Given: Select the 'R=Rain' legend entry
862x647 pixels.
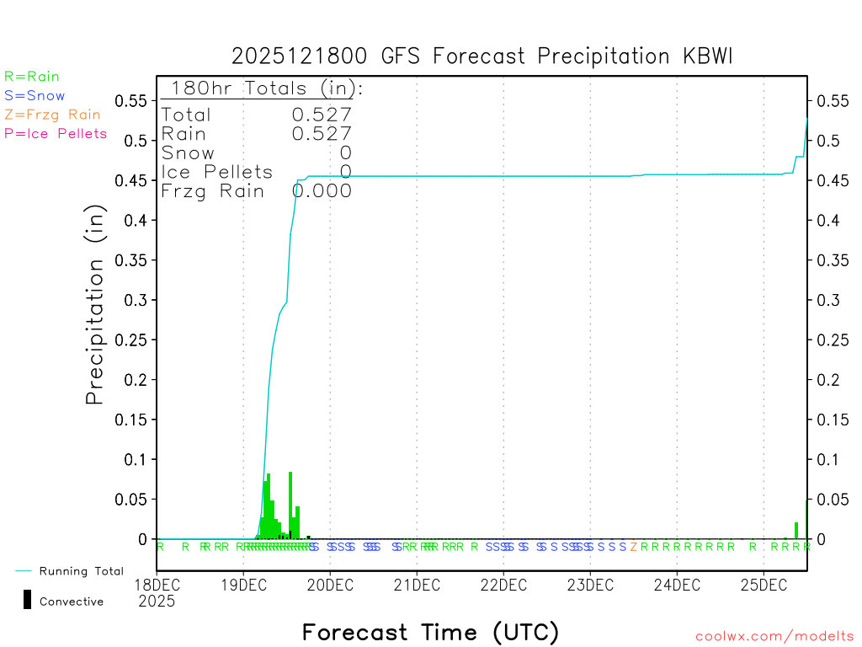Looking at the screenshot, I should coord(32,77).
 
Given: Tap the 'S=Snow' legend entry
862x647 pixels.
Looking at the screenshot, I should coord(35,96).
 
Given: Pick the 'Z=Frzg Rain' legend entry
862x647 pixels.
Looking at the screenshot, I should coord(52,115).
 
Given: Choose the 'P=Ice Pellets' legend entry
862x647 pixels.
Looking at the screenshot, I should coord(56,133).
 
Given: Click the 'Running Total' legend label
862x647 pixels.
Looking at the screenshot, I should coord(81,571).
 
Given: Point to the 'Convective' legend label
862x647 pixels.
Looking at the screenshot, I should coord(72,602).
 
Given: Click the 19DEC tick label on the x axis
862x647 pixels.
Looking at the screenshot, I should coord(243,585).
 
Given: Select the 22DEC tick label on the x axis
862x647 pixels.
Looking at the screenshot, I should coord(503,585).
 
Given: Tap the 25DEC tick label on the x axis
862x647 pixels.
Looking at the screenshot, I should coord(764,585).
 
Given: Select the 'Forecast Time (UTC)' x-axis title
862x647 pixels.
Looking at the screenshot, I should coord(430,632).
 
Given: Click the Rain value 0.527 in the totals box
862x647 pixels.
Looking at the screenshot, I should coord(322,133).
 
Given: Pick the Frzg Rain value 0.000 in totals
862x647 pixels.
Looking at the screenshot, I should coord(322,190).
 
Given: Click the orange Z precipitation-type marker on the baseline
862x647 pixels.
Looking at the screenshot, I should coord(634,547).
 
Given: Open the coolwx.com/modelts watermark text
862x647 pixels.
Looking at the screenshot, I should coord(774,636).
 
